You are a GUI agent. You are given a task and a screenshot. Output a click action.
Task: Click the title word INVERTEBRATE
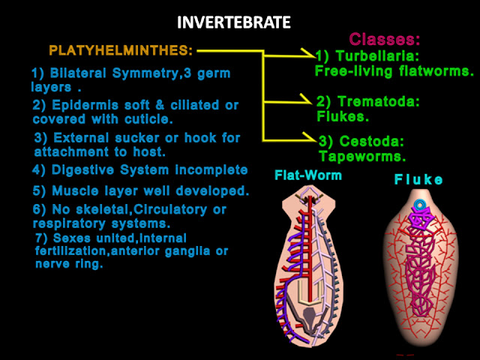click(233, 22)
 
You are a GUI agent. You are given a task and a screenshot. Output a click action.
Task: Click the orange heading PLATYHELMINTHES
click(121, 51)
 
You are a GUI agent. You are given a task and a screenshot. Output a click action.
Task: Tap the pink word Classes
click(384, 39)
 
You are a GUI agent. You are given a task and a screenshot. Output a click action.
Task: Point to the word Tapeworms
click(361, 156)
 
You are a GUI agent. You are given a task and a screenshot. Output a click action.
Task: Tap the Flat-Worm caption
click(308, 175)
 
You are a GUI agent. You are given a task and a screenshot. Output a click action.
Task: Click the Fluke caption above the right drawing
click(418, 179)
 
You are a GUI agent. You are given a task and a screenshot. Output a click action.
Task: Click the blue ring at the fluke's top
click(420, 205)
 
